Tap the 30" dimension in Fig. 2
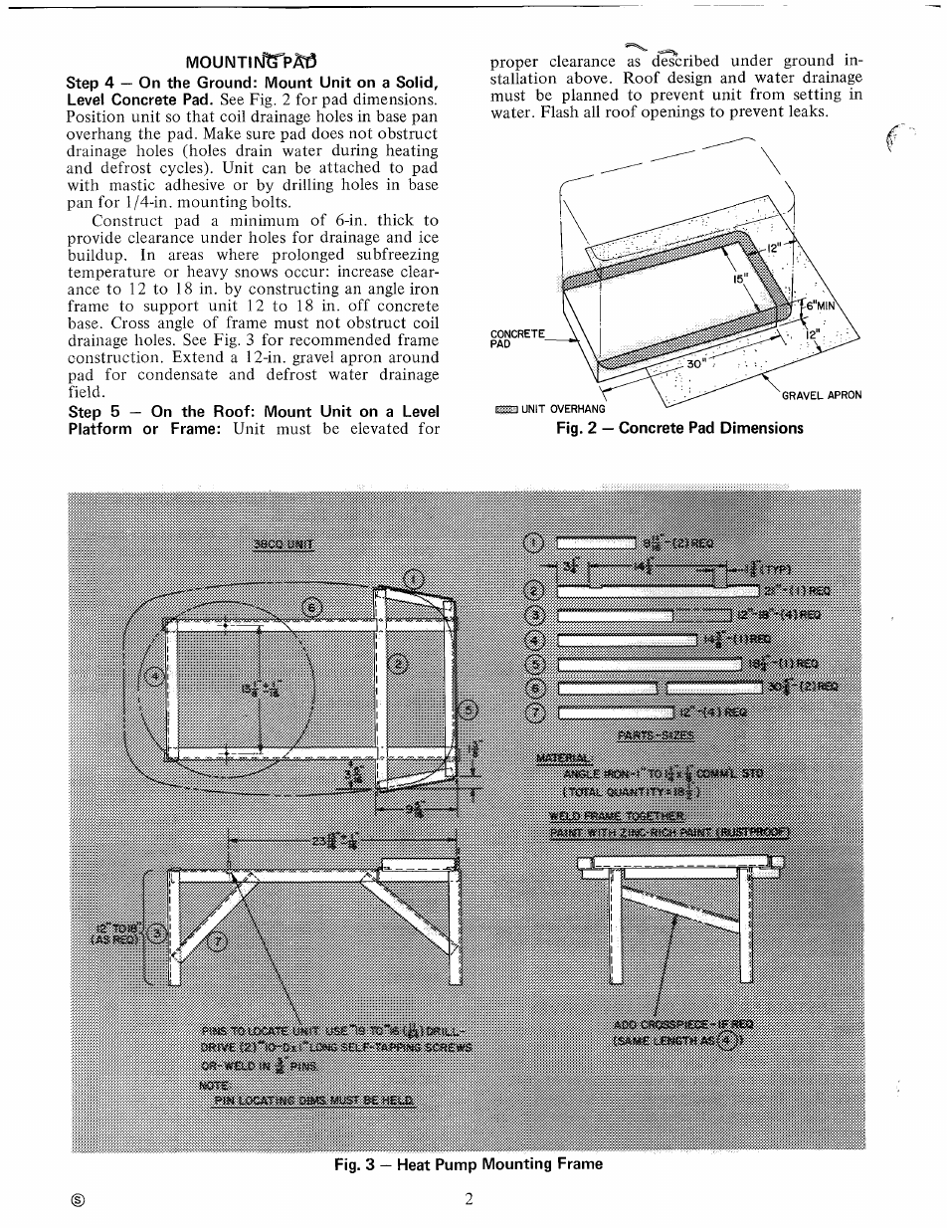695,362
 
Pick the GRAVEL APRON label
821,395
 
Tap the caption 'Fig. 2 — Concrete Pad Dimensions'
678,428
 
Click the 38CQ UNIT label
284,544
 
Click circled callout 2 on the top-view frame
399,665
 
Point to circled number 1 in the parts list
534,542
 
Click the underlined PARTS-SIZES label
656,735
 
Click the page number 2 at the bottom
468,1198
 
